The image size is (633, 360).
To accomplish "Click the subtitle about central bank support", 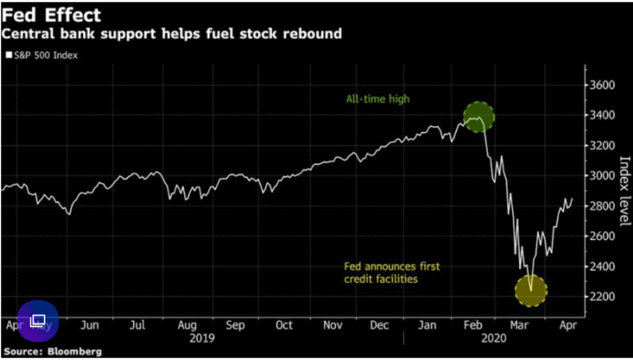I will pos(171,33).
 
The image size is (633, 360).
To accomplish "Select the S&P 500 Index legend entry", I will pos(41,55).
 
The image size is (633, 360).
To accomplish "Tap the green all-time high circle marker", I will pos(479,116).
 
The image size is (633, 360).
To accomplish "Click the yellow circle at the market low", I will pos(531,290).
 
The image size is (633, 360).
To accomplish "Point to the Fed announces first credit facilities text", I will pos(391,273).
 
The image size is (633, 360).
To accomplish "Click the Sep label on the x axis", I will pos(235,325).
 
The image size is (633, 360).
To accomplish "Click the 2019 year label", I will pos(202,338).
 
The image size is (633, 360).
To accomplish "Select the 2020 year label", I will pos(493,338).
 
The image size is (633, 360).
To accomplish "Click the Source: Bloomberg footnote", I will pos(53,351).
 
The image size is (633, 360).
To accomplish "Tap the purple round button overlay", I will pos(38,321).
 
